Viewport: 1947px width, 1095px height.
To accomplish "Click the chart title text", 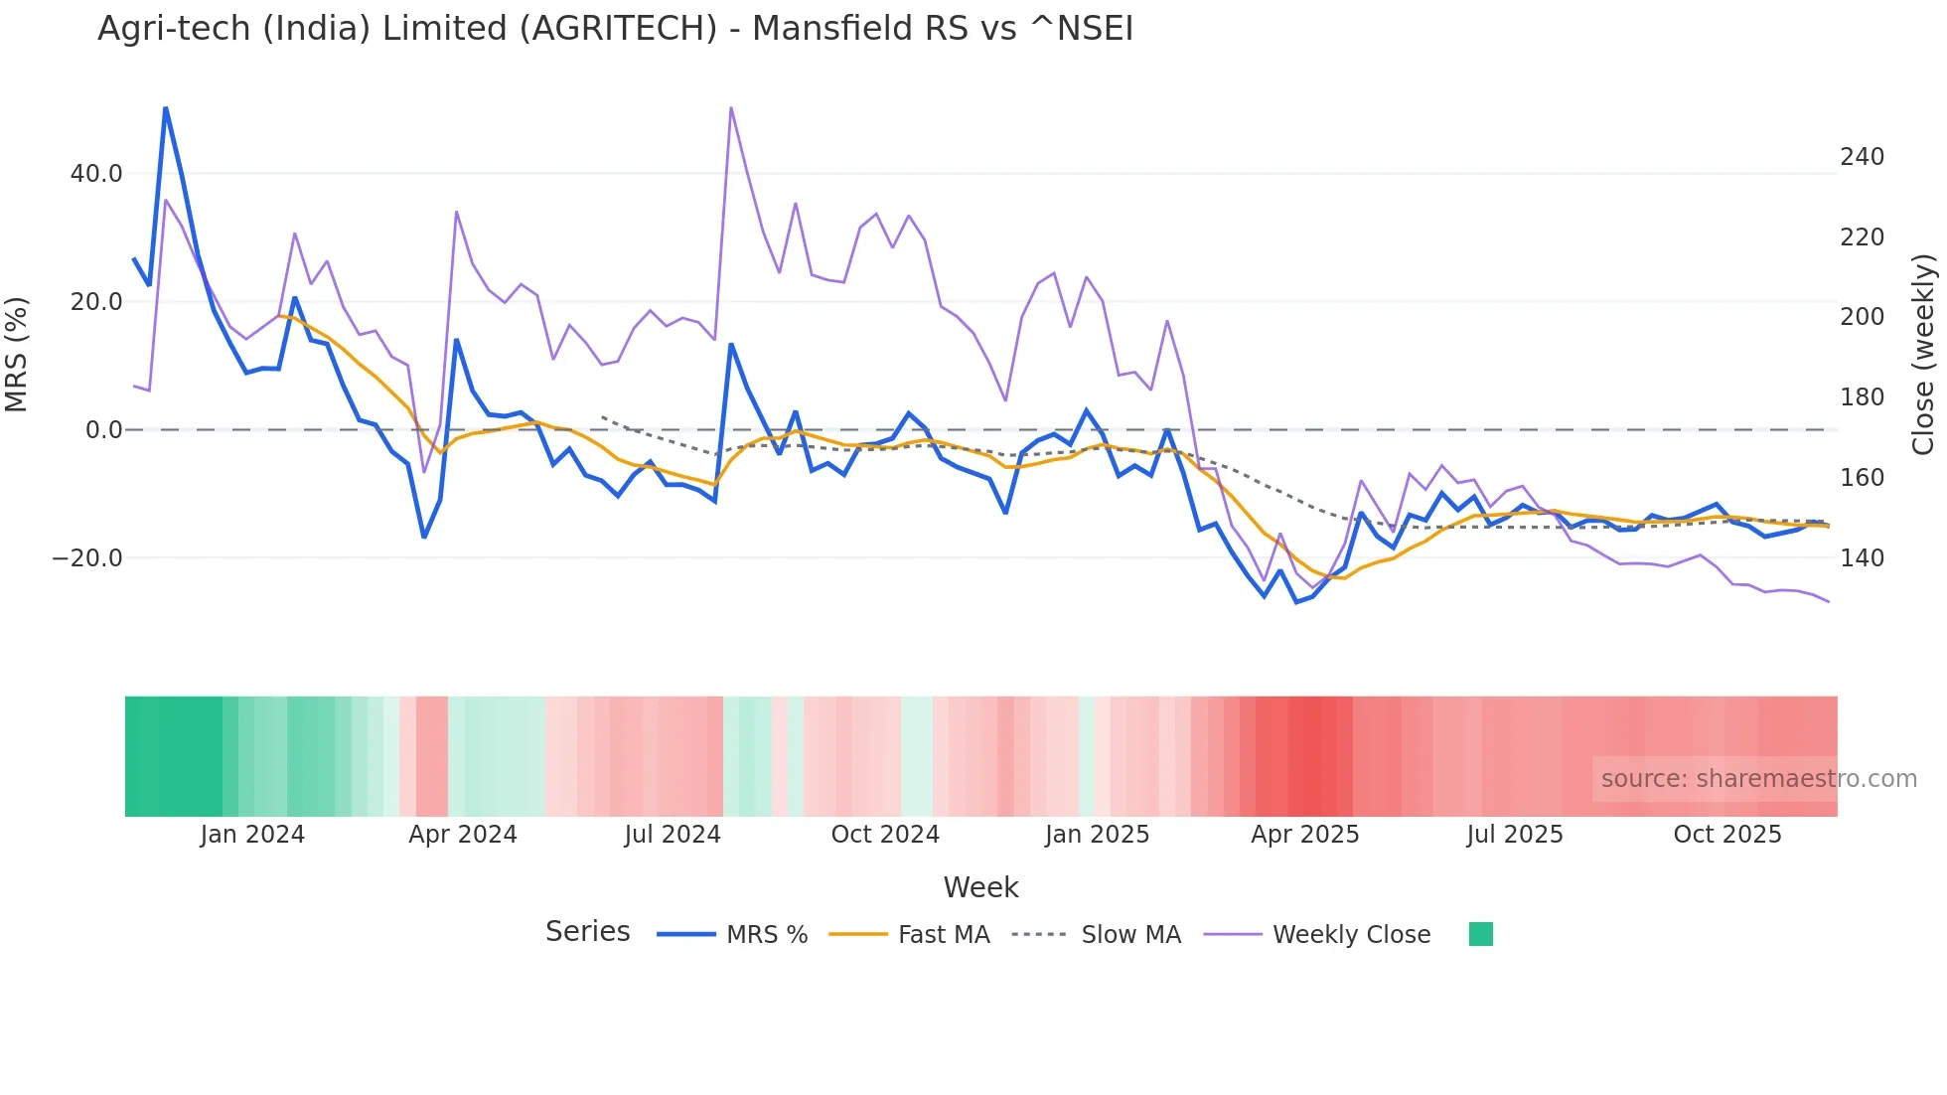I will pyautogui.click(x=615, y=29).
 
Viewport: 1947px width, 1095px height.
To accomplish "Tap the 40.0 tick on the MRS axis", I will pyautogui.click(x=96, y=174).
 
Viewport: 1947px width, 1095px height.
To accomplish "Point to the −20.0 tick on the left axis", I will pyautogui.click(x=87, y=558).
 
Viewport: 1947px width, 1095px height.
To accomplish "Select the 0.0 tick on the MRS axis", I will pyautogui.click(x=104, y=430).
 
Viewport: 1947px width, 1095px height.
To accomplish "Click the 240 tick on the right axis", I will pyautogui.click(x=1862, y=157).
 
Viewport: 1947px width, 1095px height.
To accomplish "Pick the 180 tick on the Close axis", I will pyautogui.click(x=1862, y=397).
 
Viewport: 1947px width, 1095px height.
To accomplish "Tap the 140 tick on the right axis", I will pyautogui.click(x=1862, y=558).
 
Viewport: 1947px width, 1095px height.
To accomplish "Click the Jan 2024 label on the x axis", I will pyautogui.click(x=252, y=835).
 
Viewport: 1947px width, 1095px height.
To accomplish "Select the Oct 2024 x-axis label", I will pyautogui.click(x=885, y=835).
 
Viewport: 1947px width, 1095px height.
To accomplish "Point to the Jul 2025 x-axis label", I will pyautogui.click(x=1515, y=835).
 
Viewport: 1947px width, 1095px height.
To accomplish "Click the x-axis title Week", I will pyautogui.click(x=980, y=887).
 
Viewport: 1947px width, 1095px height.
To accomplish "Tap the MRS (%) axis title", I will pyautogui.click(x=17, y=355).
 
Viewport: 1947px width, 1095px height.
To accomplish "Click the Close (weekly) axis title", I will pyautogui.click(x=1923, y=355).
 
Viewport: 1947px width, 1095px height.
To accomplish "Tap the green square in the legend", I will pyautogui.click(x=1480, y=934).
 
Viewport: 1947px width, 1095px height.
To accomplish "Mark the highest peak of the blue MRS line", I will pyautogui.click(x=165, y=107).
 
